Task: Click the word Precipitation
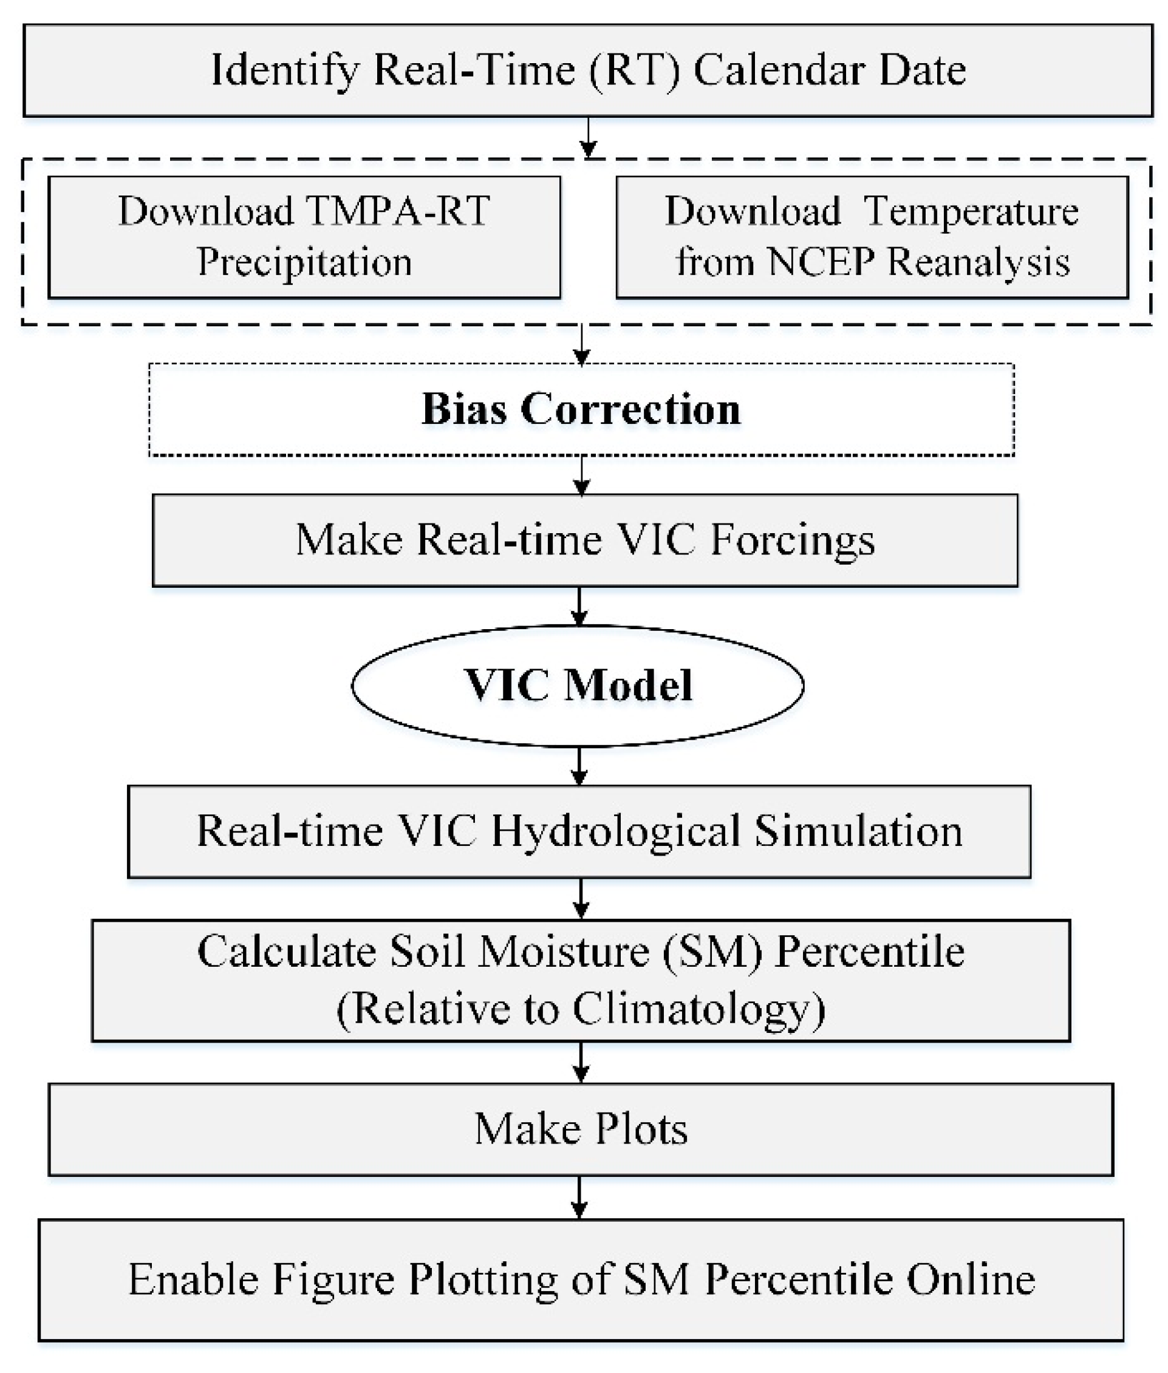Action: coord(304,262)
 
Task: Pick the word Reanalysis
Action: coord(978,262)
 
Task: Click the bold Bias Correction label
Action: coord(581,409)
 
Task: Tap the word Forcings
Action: coord(793,539)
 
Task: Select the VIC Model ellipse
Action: coord(578,685)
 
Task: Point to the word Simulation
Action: coord(859,831)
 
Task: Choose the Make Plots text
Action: coord(581,1129)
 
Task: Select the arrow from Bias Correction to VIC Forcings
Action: coord(581,475)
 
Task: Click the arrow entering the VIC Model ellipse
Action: coord(579,607)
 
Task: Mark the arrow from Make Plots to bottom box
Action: coord(579,1197)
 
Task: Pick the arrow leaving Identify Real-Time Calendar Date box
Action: coord(588,138)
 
